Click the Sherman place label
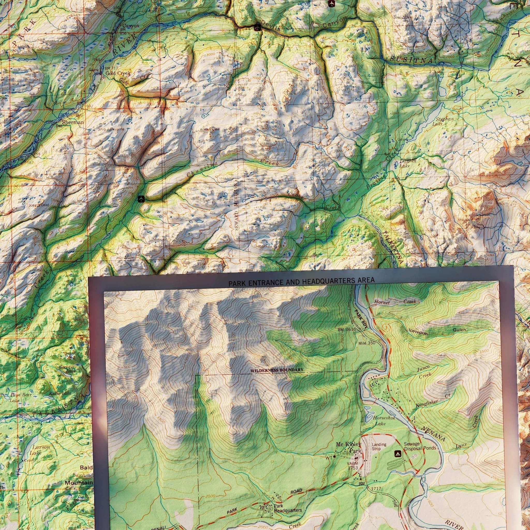coord(73,122)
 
